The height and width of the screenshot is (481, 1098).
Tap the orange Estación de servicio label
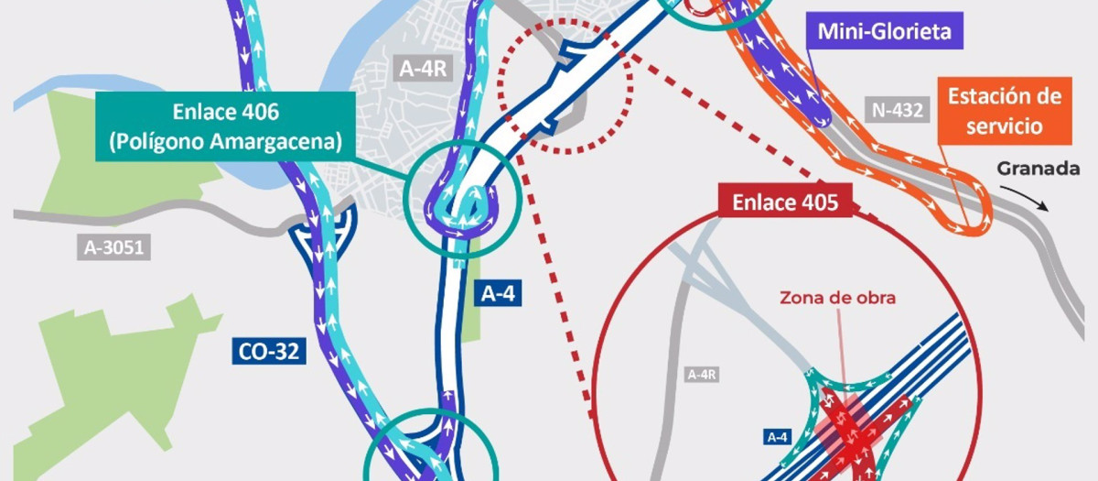pos(1004,110)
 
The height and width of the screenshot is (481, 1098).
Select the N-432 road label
pos(898,111)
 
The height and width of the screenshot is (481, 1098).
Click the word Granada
pos(1031,169)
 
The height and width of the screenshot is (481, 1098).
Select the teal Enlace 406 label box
pos(224,126)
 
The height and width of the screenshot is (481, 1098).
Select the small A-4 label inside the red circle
pos(777,438)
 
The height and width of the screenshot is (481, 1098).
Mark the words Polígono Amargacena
pos(224,142)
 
